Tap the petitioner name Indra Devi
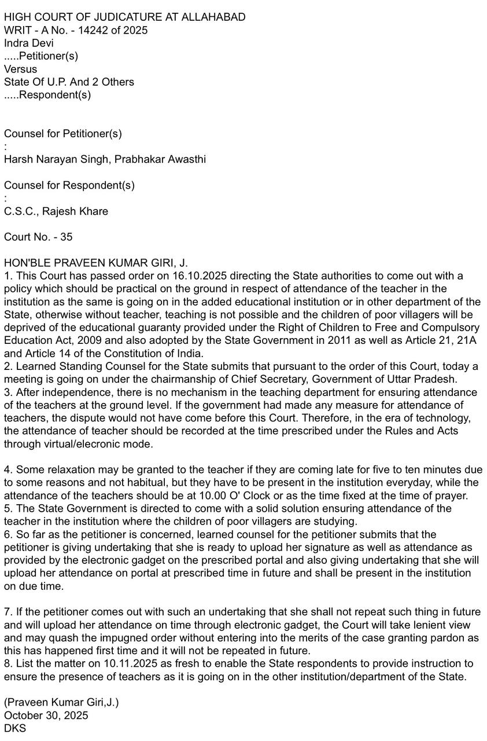(29, 43)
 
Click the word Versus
(20, 69)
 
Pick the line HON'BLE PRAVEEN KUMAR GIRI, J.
(96, 263)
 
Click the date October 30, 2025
(46, 716)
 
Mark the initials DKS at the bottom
(15, 728)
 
